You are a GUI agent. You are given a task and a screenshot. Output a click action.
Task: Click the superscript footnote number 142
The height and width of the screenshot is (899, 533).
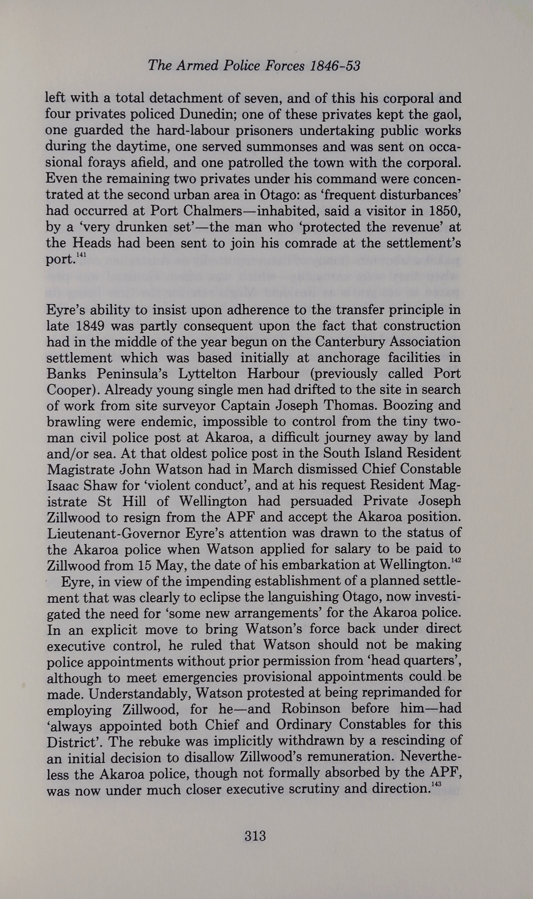click(456, 560)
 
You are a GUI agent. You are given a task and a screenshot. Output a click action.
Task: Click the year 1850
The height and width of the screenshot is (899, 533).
click(445, 211)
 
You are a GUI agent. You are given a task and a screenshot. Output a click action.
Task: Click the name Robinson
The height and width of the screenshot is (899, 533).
click(310, 709)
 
